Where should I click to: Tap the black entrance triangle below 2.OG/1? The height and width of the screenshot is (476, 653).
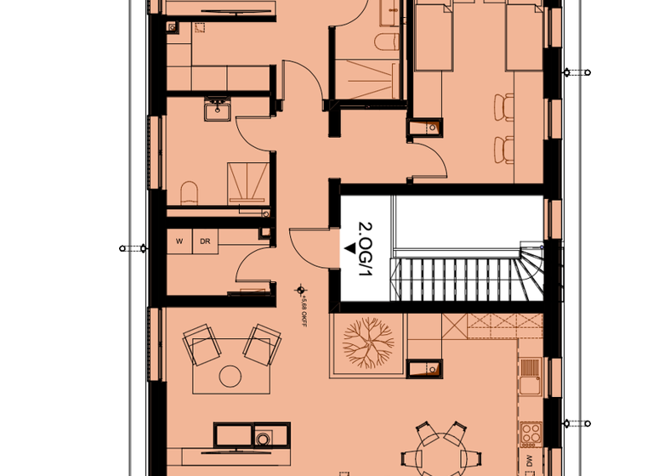click(349, 248)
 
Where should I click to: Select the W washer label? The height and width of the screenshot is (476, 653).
click(179, 241)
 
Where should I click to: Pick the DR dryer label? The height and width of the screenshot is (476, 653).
click(205, 241)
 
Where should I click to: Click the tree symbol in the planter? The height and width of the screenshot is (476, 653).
click(368, 342)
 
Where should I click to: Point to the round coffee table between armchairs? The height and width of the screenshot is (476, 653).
click(230, 375)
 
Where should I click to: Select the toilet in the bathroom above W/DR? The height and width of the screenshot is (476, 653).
click(189, 192)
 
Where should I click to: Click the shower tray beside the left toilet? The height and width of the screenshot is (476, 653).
click(246, 181)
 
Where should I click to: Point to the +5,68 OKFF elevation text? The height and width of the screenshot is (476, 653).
click(304, 307)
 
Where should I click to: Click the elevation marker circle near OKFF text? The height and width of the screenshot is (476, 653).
click(298, 290)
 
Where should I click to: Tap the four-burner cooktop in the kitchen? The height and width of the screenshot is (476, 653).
click(531, 433)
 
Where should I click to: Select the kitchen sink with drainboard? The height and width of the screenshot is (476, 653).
click(530, 375)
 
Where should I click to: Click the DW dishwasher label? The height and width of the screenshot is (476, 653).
click(530, 462)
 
